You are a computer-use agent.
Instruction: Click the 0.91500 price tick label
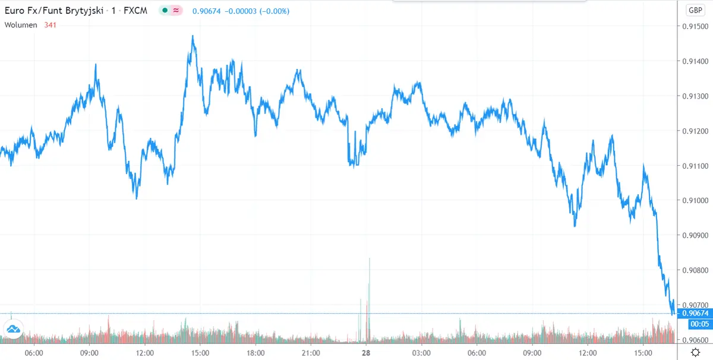(695, 27)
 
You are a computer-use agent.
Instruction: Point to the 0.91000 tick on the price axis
(695, 201)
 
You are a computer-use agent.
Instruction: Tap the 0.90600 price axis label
(695, 340)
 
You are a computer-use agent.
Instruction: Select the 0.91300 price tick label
(695, 96)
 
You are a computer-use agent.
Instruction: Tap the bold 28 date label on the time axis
(367, 352)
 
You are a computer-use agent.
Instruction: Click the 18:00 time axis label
(255, 352)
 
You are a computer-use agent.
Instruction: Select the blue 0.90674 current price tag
(695, 313)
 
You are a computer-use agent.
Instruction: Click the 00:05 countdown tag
(695, 324)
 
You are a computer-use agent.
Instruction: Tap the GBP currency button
(695, 10)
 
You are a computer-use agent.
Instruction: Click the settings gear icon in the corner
(695, 352)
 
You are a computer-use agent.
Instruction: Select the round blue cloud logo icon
(13, 329)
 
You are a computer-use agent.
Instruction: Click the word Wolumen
(21, 25)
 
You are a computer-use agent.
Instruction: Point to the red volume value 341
(51, 25)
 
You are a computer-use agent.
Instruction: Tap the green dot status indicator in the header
(165, 10)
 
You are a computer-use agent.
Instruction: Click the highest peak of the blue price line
(193, 36)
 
